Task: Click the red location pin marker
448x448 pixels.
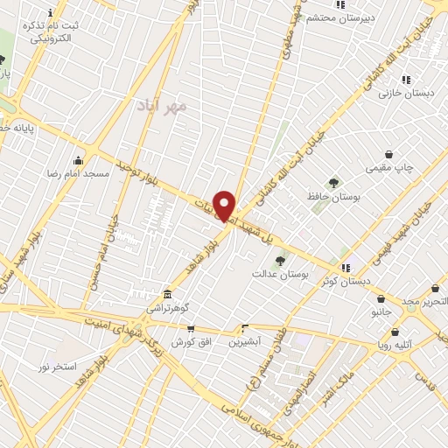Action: [x=224, y=205]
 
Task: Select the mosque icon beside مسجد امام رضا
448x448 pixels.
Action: [x=79, y=160]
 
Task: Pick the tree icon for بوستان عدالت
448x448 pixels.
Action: [x=281, y=260]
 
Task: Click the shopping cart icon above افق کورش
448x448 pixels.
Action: [x=190, y=328]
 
